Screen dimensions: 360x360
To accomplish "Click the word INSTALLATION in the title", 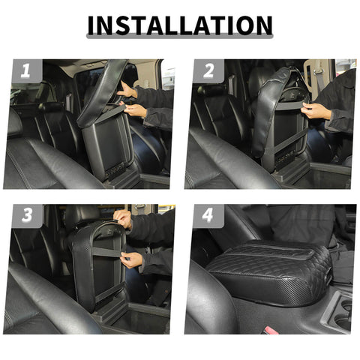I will (180, 25).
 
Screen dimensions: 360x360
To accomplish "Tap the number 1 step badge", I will (25, 71).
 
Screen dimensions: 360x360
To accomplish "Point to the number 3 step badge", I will (25, 216).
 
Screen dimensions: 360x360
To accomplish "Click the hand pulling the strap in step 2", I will (315, 111).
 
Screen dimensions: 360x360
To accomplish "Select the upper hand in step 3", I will (122, 219).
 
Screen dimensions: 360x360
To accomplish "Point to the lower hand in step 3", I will (131, 259).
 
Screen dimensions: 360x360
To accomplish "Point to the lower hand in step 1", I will (135, 110).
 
